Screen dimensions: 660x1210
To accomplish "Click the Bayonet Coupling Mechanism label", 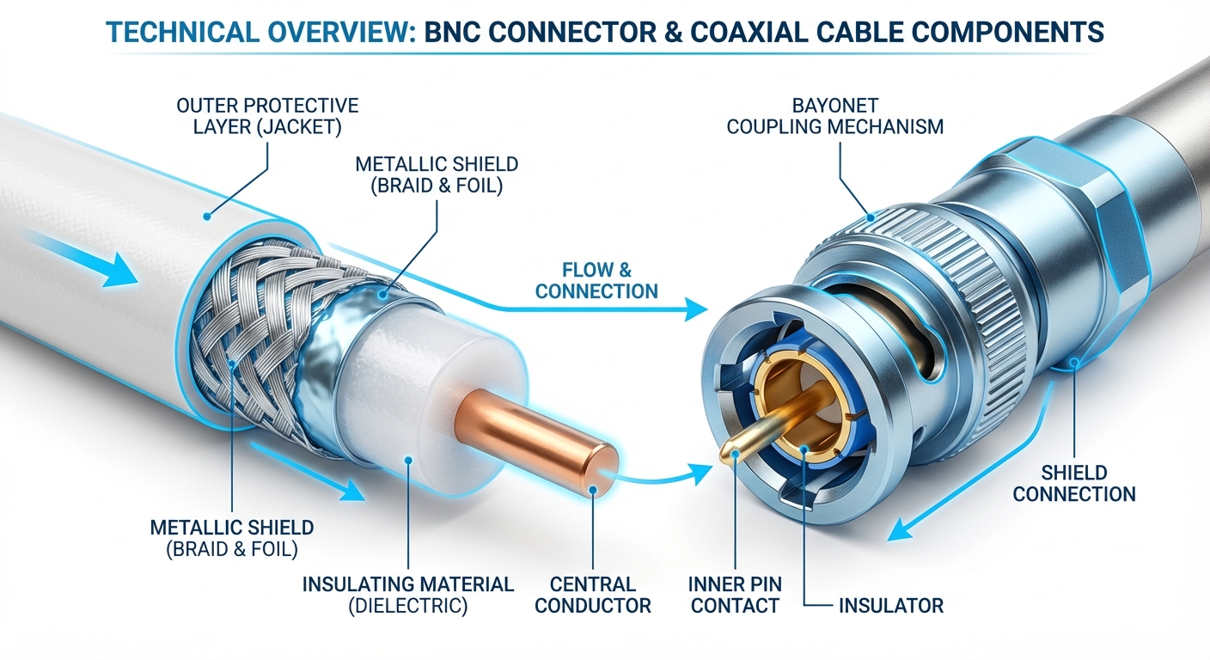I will tap(834, 116).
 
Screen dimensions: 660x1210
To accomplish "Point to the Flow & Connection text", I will tap(596, 281).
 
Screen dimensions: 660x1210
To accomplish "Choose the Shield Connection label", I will tap(1073, 483).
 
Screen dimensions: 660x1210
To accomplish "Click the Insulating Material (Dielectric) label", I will tap(407, 595).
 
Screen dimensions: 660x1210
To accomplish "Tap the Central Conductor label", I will tap(592, 595).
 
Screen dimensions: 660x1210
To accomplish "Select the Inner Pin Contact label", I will tap(734, 595).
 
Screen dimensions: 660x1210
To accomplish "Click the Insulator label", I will tap(890, 605).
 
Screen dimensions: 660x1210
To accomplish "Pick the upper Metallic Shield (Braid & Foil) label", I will tap(437, 174).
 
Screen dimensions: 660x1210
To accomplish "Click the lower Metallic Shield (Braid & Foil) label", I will tap(232, 538).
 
